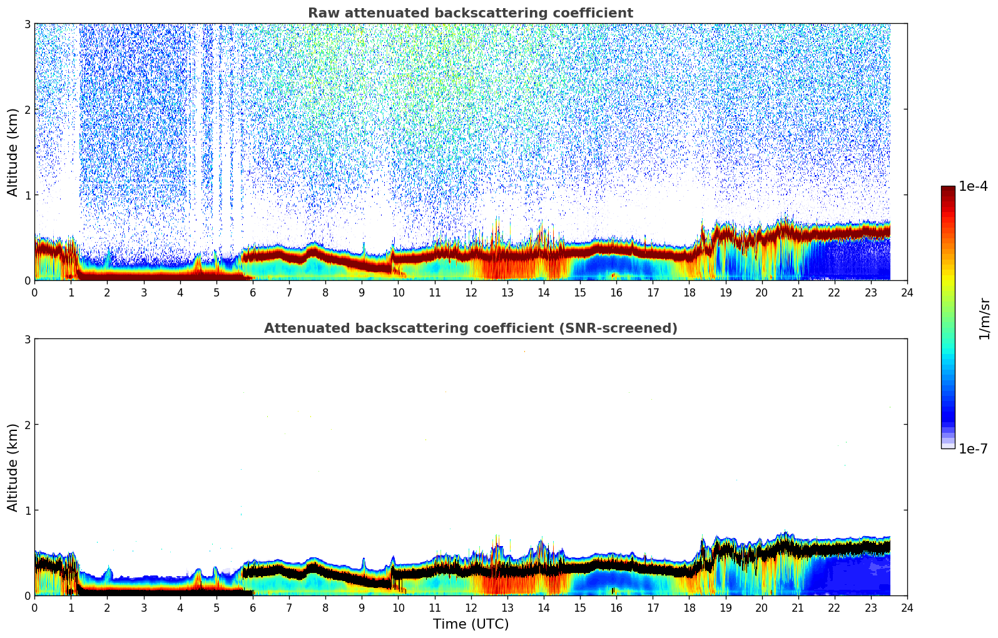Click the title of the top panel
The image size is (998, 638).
(x=470, y=13)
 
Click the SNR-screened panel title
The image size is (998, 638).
(x=470, y=328)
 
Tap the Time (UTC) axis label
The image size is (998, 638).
(x=471, y=624)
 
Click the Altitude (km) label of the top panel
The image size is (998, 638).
(x=13, y=152)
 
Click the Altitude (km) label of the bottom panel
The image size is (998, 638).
(x=13, y=467)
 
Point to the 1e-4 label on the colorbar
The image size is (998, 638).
(x=973, y=186)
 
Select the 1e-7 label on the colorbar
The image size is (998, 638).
(x=973, y=448)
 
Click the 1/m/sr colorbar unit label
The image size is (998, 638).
(x=984, y=318)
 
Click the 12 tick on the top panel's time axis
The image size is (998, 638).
(x=471, y=292)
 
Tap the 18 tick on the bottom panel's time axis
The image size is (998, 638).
(x=689, y=607)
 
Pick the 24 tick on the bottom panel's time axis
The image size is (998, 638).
(x=907, y=607)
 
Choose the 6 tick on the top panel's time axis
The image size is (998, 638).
(x=253, y=292)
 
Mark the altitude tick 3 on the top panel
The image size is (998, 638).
(x=27, y=24)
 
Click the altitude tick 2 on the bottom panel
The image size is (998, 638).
(x=27, y=425)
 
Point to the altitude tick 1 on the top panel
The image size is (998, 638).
(x=27, y=195)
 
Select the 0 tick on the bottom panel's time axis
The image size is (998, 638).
(x=34, y=607)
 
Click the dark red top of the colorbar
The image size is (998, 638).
(x=948, y=190)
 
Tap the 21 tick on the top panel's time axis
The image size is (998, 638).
(x=798, y=292)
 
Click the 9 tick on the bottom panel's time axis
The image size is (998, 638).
(x=362, y=607)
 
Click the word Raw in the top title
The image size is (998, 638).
(x=321, y=13)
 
